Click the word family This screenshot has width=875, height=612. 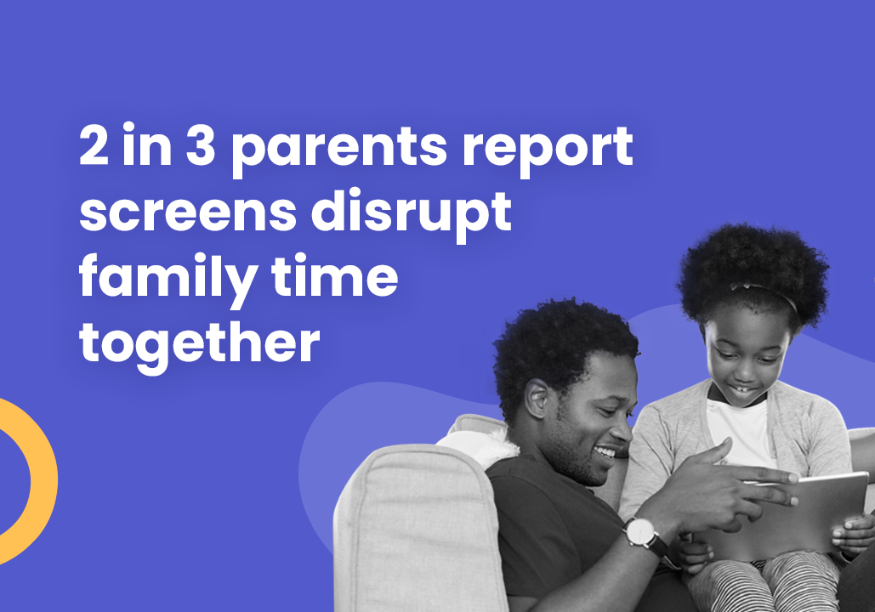point(162,280)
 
